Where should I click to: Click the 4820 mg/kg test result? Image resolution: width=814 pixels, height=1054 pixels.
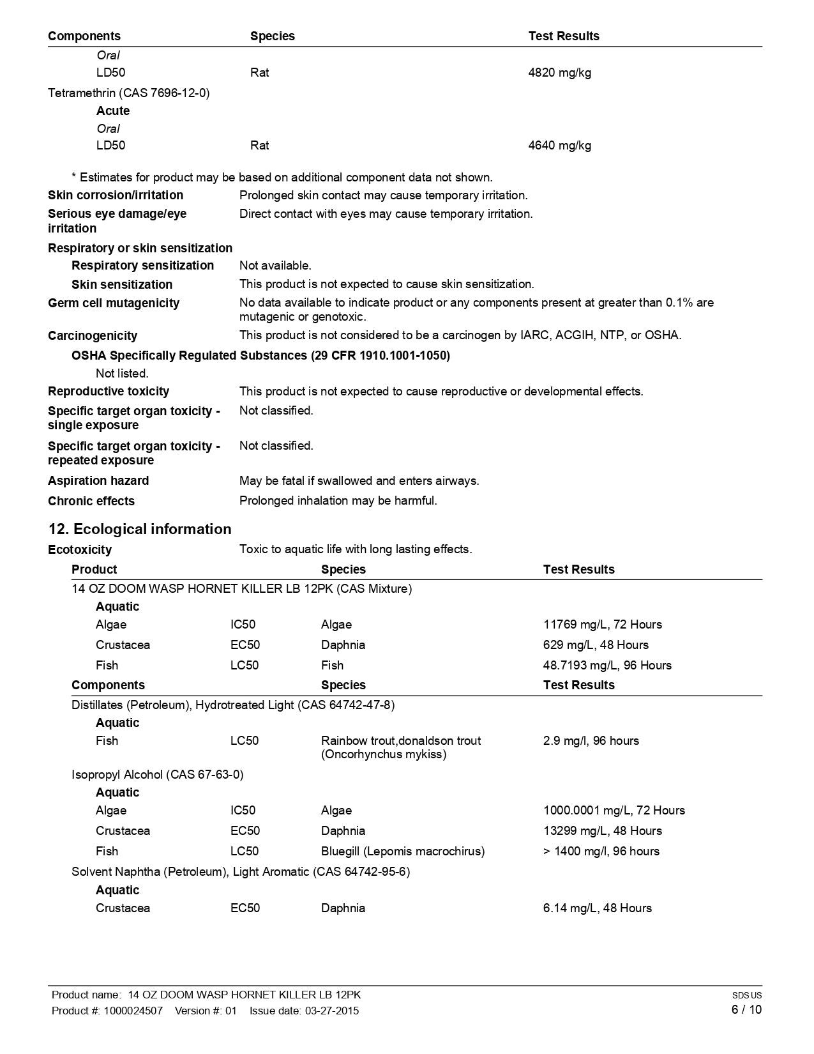(x=559, y=73)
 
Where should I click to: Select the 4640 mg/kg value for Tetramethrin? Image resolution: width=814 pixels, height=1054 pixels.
(x=559, y=146)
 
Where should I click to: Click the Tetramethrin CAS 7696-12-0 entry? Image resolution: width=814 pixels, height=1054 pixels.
(x=128, y=93)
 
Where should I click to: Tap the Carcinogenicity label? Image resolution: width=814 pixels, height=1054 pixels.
(x=93, y=336)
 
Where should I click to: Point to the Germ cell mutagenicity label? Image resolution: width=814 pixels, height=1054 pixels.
(x=114, y=303)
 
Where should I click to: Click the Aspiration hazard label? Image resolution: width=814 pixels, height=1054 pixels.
(x=98, y=481)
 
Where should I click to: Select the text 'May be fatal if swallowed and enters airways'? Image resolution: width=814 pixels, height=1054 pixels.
(x=359, y=481)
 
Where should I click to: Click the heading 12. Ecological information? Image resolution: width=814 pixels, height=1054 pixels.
(x=140, y=530)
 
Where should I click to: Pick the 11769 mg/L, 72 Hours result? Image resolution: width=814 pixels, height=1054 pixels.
(x=602, y=625)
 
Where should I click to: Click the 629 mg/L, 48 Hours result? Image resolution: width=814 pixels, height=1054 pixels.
(x=596, y=645)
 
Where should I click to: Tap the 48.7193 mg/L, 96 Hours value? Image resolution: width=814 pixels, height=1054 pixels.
(x=607, y=666)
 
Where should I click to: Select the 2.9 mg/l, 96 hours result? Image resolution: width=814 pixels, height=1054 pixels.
(x=591, y=741)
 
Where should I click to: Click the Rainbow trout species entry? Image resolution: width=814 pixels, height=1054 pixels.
(x=400, y=747)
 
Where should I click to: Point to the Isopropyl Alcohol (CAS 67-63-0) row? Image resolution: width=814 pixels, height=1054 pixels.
(x=157, y=775)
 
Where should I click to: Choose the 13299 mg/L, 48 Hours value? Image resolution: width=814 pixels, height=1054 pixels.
(x=602, y=831)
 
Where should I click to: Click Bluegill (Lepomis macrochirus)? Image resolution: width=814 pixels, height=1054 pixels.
(x=402, y=852)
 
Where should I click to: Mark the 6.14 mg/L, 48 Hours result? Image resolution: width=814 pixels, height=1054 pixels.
(x=597, y=908)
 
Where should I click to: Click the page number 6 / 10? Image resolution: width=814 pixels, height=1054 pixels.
(x=746, y=1010)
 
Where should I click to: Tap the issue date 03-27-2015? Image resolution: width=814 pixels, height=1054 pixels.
(x=332, y=1011)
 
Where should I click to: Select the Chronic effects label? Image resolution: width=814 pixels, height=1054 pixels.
(x=91, y=501)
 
